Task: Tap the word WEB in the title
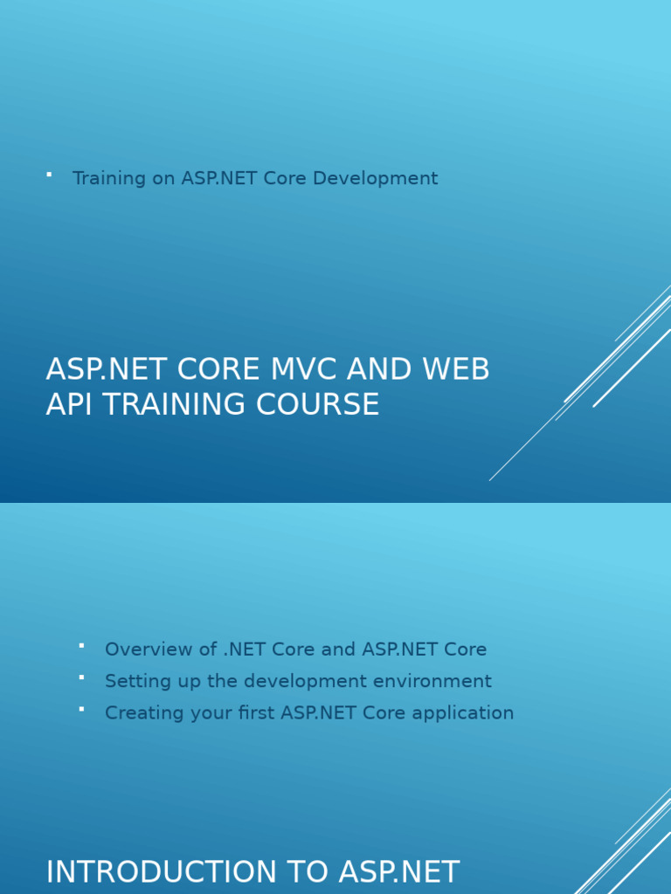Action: (457, 369)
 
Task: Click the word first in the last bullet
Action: (255, 712)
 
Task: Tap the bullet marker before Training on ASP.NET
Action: (49, 175)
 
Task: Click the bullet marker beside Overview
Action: (81, 646)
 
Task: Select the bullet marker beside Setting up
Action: (81, 677)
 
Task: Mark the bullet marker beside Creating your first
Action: (81, 709)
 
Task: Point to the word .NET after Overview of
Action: (244, 650)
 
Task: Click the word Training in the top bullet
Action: (109, 178)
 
